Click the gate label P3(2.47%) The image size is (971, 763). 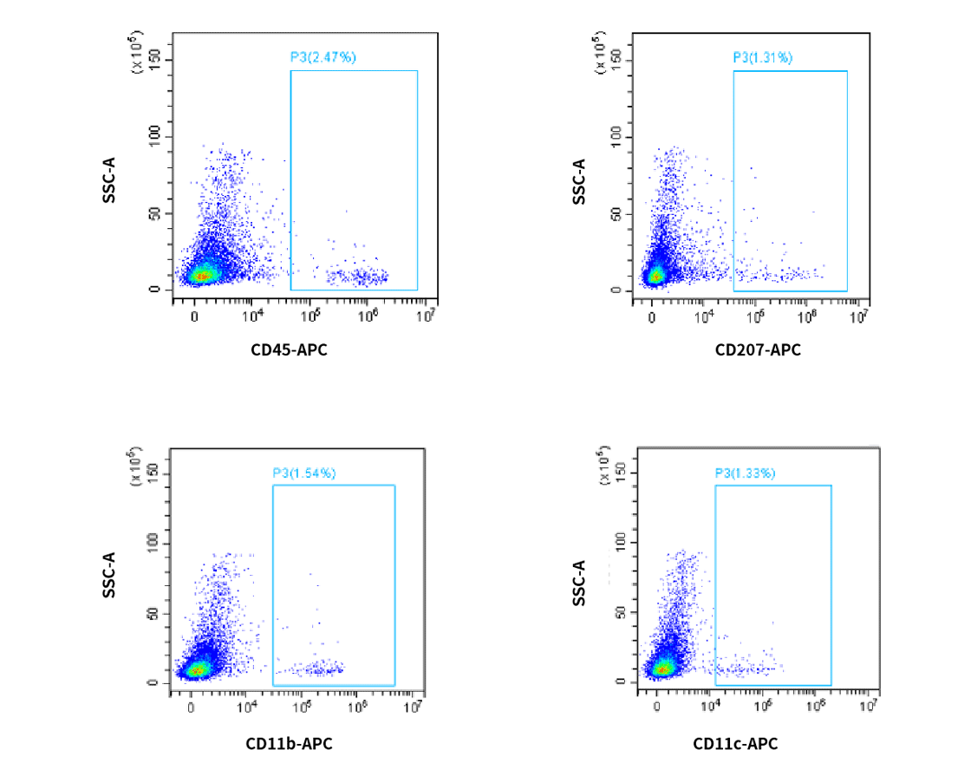pos(323,57)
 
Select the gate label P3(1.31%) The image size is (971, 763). pos(762,57)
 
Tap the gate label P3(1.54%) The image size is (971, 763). pos(303,473)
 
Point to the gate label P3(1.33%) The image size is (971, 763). pos(745,473)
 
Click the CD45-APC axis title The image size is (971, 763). pos(289,350)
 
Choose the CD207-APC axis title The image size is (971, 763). pos(758,350)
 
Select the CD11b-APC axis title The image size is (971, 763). pos(289,744)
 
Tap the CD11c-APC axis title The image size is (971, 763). pos(735,744)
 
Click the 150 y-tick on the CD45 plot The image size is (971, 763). pos(154,60)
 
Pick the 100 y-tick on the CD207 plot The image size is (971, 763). pos(618,137)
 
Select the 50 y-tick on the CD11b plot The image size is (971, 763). pos(153,614)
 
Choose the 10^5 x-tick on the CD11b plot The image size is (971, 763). pos(303,708)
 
